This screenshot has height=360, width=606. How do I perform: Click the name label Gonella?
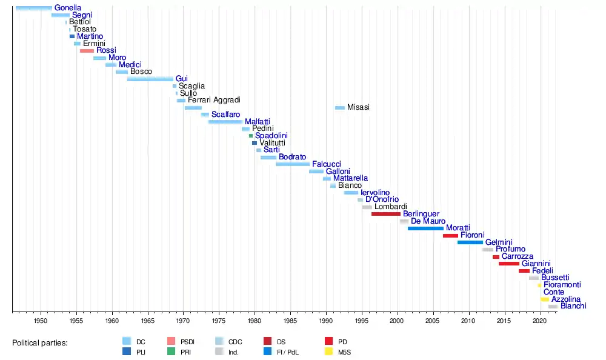pos(67,8)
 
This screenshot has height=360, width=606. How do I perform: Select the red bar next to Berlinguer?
pos(385,214)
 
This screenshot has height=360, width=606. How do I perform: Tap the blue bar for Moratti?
pos(425,228)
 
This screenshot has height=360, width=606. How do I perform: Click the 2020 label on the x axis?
pos(539,320)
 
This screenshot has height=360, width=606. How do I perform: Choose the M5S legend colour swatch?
pos(329,352)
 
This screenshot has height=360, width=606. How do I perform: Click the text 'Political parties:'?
pos(40,343)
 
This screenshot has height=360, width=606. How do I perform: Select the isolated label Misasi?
pos(358,107)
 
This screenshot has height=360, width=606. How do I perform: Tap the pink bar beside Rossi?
pos(87,51)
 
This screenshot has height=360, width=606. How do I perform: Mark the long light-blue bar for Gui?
pos(150,79)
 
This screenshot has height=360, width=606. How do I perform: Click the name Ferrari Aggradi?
pos(214,100)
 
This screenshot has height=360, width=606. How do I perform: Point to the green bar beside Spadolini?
pos(251,136)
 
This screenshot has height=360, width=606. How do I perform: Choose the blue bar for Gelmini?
pos(470,242)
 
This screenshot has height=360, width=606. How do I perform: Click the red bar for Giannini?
pos(508,264)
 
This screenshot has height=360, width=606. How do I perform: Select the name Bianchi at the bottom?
pos(573,306)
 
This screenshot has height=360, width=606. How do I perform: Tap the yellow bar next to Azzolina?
pos(545,299)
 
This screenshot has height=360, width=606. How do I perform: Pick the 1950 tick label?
pos(41,320)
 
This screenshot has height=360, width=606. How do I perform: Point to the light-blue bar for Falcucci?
pos(292,164)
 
